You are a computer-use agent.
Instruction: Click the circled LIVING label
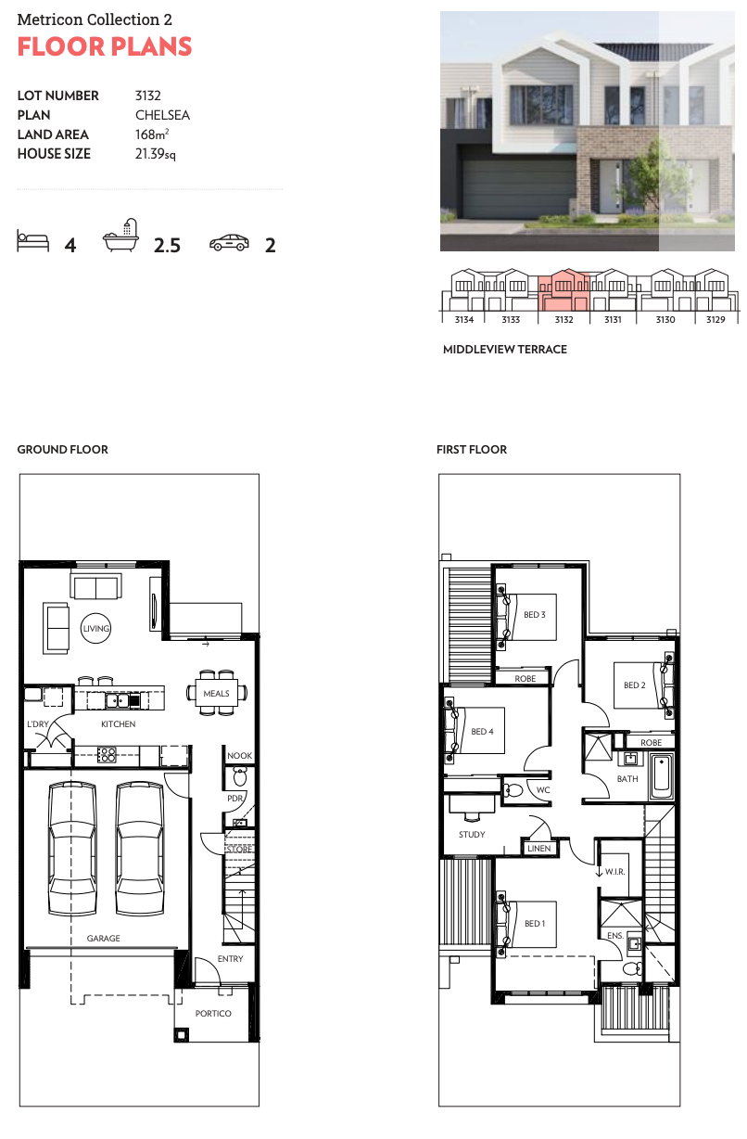(95, 629)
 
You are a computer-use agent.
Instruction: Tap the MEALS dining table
(217, 693)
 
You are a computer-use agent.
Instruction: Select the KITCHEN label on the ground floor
(119, 724)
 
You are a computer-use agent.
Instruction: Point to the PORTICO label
(213, 1014)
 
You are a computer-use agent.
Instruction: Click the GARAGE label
(103, 938)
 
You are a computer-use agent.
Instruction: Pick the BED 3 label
(535, 615)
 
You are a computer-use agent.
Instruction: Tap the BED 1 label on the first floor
(535, 924)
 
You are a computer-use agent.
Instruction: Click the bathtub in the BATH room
(661, 777)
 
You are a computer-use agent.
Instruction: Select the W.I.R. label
(614, 872)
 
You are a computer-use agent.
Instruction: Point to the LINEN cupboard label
(539, 848)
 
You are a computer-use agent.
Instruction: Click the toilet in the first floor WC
(513, 790)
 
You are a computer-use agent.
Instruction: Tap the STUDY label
(472, 835)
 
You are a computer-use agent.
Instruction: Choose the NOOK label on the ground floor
(240, 756)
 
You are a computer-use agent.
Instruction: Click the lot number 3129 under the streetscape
(715, 319)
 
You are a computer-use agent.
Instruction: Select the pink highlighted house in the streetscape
(563, 289)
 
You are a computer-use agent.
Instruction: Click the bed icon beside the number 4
(33, 240)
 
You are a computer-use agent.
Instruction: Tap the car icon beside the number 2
(229, 242)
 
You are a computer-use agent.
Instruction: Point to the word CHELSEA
(162, 115)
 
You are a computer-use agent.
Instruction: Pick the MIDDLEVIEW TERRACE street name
(505, 350)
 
